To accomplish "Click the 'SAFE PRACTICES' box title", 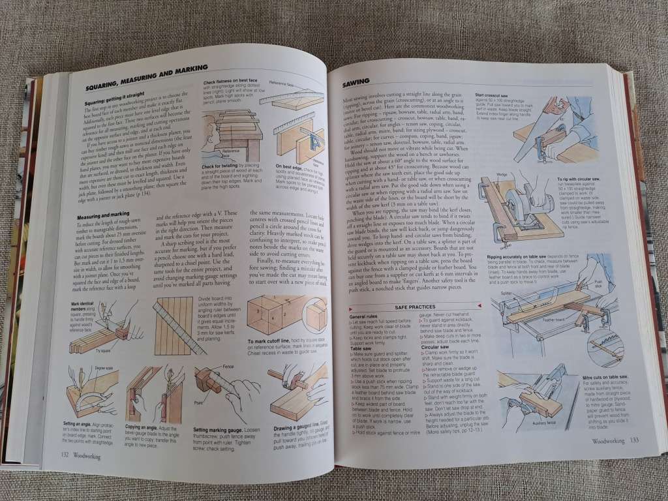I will tap(414, 307).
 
